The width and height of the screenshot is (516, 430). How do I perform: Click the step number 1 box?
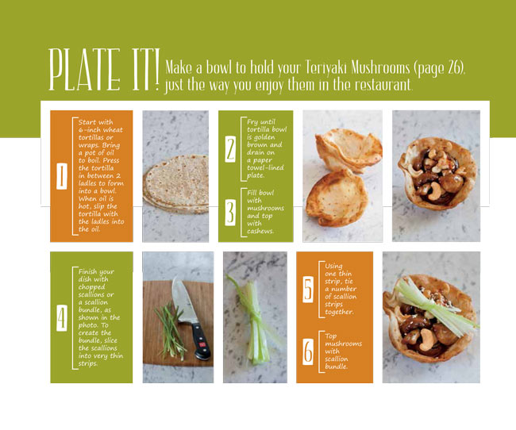tap(62, 175)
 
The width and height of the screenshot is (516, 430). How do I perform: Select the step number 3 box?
tap(230, 210)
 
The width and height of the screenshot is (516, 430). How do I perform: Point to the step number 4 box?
tap(62, 317)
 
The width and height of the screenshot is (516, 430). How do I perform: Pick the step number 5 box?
tap(308, 290)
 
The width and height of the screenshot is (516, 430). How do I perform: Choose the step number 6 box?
tap(308, 351)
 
